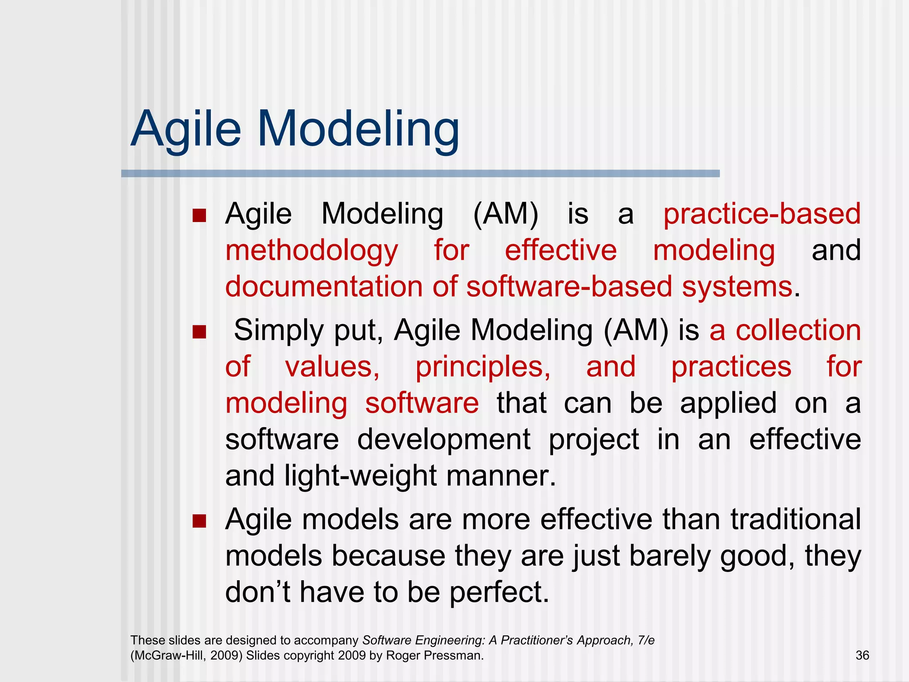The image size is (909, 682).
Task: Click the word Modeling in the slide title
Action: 358,130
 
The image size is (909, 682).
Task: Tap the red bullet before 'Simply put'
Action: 199,332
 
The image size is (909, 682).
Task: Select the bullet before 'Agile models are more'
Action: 199,521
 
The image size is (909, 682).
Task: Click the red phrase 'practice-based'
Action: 762,214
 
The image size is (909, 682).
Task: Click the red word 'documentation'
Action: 324,286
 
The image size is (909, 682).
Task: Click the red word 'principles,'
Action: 483,368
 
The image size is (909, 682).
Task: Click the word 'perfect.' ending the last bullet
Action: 499,593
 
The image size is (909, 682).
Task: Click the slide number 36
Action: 862,655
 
